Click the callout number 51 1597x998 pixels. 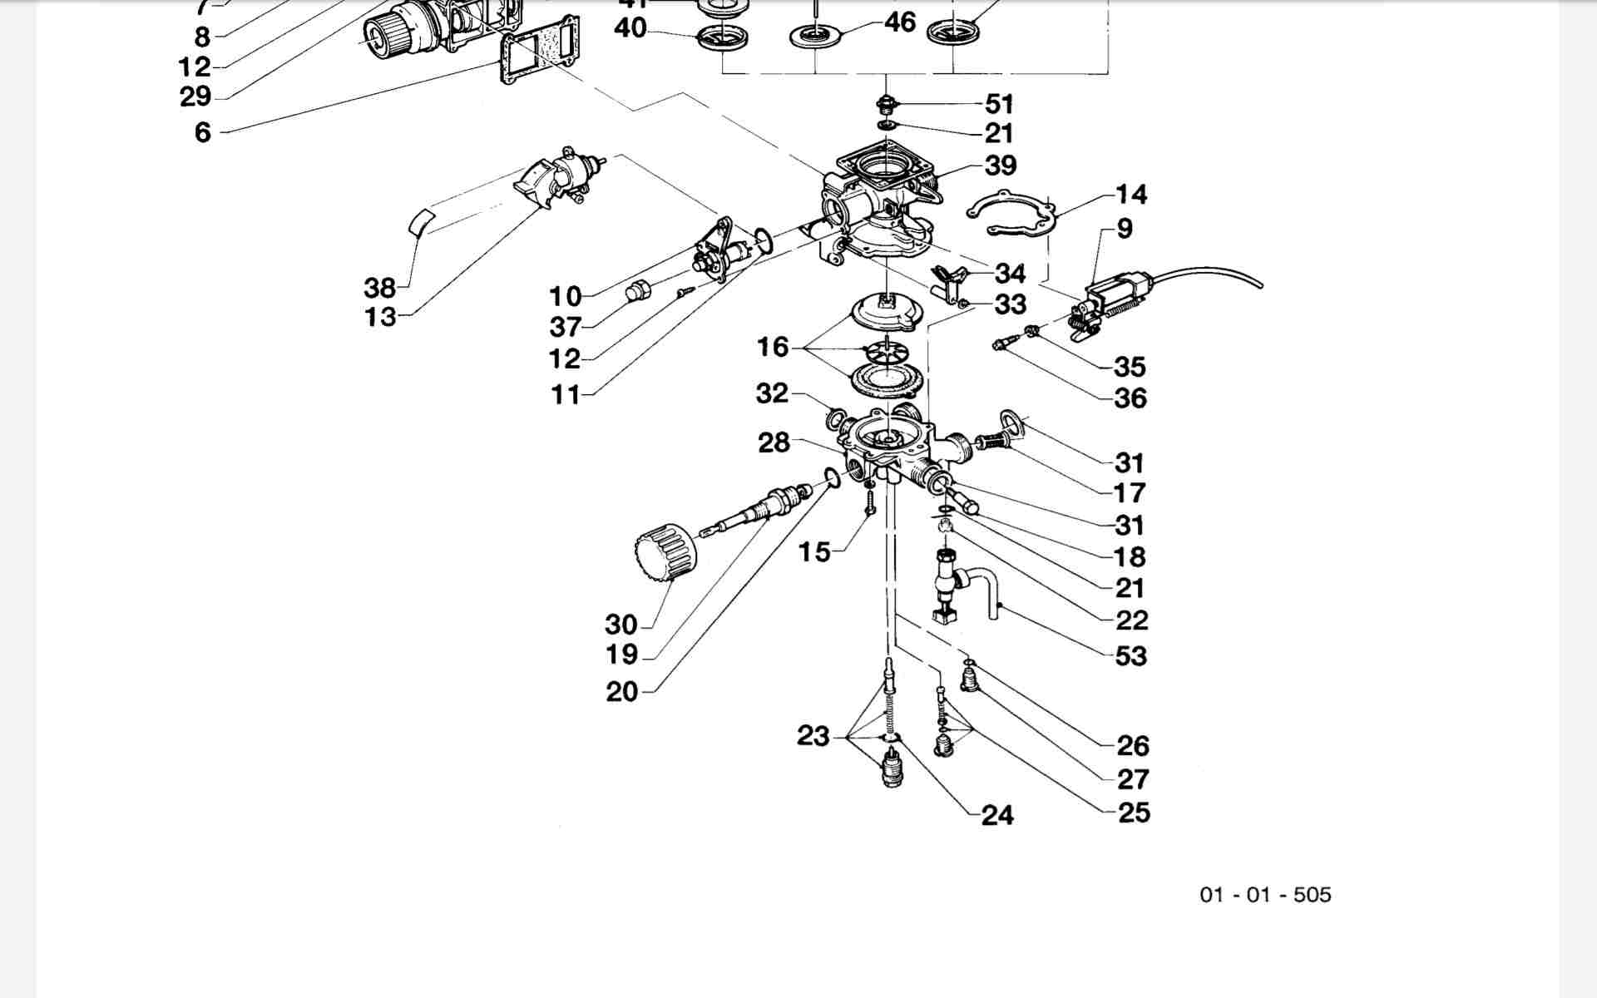pyautogui.click(x=1000, y=104)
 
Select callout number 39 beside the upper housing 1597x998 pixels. pyautogui.click(x=1001, y=166)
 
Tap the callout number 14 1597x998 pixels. pyautogui.click(x=1131, y=195)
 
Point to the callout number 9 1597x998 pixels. pyautogui.click(x=1125, y=229)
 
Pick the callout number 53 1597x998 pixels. pyautogui.click(x=1131, y=656)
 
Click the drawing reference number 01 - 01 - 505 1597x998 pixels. pyautogui.click(x=1265, y=895)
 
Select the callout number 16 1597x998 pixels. pyautogui.click(x=772, y=347)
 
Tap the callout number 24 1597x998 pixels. pyautogui.click(x=997, y=815)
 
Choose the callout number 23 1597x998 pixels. pyautogui.click(x=813, y=736)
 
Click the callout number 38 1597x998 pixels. pyautogui.click(x=379, y=288)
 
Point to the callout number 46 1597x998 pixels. pyautogui.click(x=900, y=22)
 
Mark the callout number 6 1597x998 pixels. pyautogui.click(x=203, y=132)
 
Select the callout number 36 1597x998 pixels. pyautogui.click(x=1130, y=398)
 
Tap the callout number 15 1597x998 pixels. pyautogui.click(x=814, y=551)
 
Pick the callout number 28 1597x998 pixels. pyautogui.click(x=774, y=442)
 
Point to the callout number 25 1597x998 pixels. pyautogui.click(x=1134, y=813)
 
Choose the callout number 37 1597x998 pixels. pyautogui.click(x=565, y=327)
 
